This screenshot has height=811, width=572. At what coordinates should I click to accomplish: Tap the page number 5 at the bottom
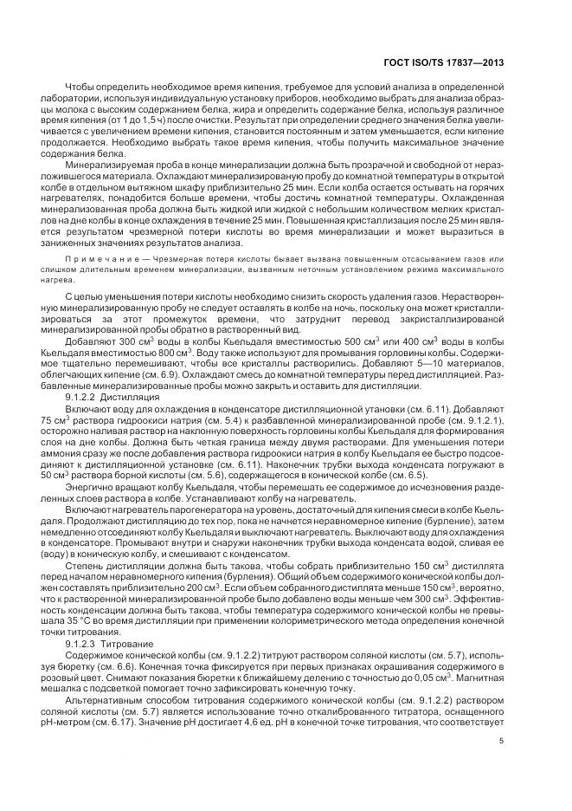click(x=501, y=740)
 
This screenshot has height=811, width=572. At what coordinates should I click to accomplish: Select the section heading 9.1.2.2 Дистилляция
click(x=109, y=395)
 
